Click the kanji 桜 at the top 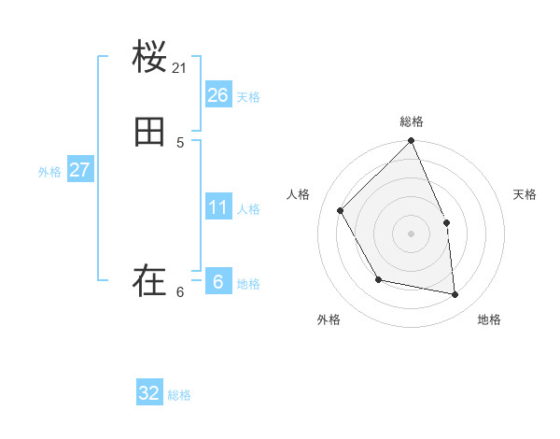click(149, 58)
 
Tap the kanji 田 click(149, 133)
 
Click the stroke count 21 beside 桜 click(180, 68)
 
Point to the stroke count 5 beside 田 click(180, 143)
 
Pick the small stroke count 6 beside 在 click(180, 291)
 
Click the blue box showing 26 click(218, 95)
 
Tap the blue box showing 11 click(218, 206)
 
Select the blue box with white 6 click(218, 281)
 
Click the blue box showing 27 click(79, 170)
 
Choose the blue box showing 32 click(149, 393)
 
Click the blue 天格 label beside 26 click(248, 97)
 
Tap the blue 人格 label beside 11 click(248, 208)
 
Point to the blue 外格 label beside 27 click(49, 172)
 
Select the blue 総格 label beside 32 click(179, 395)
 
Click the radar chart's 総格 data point click(411, 141)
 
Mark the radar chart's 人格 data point click(341, 210)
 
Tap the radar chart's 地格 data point click(455, 294)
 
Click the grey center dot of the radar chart click(411, 234)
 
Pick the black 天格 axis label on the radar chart click(525, 194)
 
